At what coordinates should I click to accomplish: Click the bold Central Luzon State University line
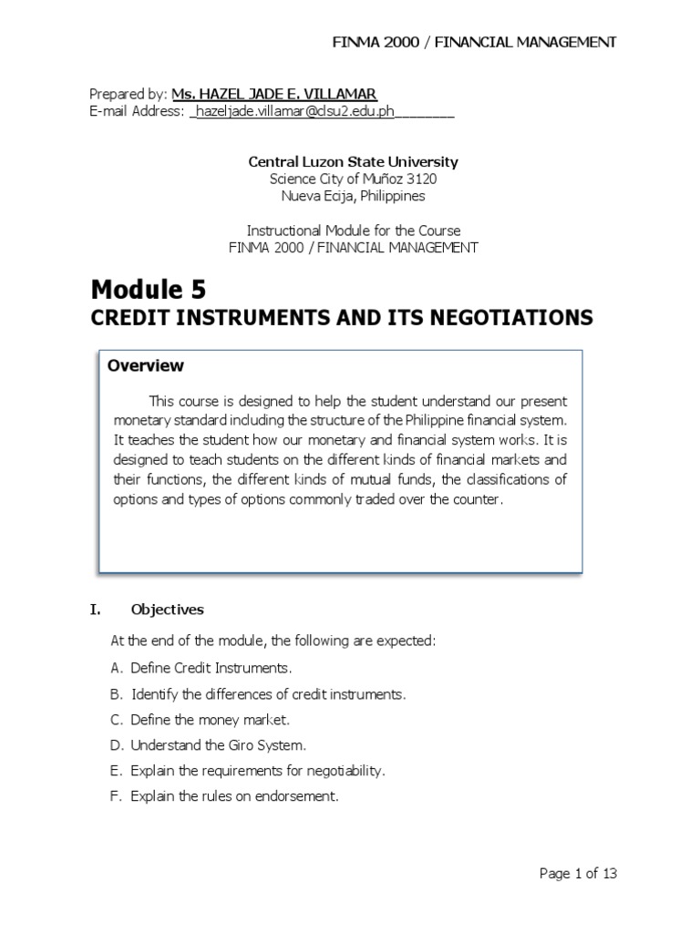pyautogui.click(x=354, y=162)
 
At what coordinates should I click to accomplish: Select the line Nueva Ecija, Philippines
pyautogui.click(x=354, y=196)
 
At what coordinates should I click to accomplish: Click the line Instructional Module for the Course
pyautogui.click(x=354, y=231)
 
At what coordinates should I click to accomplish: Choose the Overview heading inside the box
pyautogui.click(x=146, y=366)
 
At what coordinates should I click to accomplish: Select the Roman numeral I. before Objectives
pyautogui.click(x=96, y=610)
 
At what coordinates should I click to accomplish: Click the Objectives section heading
pyautogui.click(x=167, y=610)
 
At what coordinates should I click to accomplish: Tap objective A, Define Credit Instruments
pyautogui.click(x=201, y=668)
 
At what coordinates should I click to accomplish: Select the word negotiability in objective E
pyautogui.click(x=346, y=771)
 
